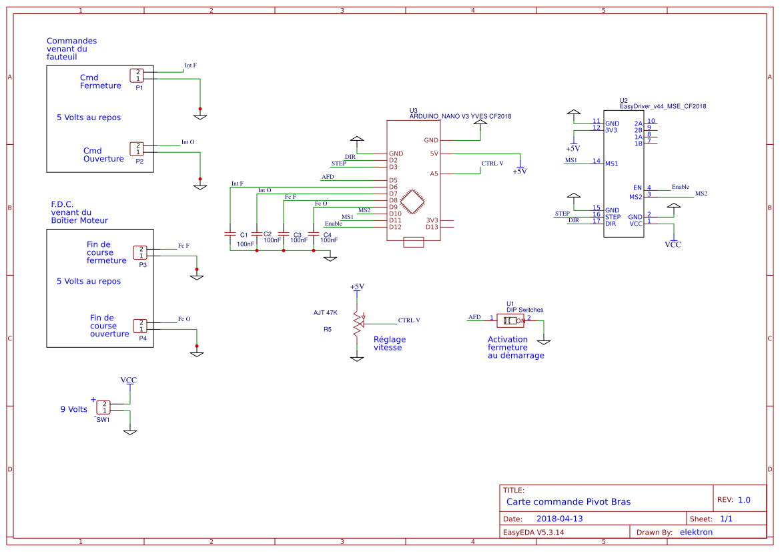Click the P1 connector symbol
137,75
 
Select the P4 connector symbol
139,326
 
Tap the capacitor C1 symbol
230,233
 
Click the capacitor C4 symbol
314,233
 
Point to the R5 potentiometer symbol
358,324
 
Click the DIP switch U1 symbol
510,321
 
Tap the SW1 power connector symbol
103,407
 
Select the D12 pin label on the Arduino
396,228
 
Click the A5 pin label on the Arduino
434,174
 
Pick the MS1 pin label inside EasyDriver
611,164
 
